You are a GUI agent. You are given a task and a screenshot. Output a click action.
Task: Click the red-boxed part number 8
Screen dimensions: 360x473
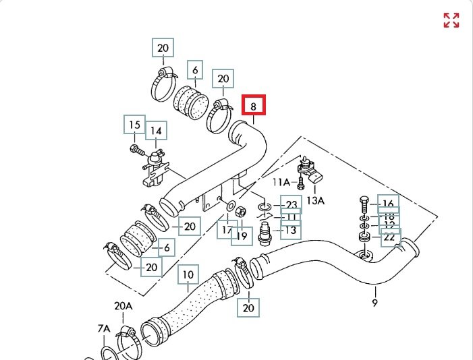[x=254, y=106]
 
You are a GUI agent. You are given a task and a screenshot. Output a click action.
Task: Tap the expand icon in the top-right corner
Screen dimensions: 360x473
[x=451, y=20]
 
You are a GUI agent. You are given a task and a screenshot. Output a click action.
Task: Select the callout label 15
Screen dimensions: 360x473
[x=134, y=125]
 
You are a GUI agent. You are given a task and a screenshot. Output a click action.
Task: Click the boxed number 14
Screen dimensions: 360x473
[x=156, y=131]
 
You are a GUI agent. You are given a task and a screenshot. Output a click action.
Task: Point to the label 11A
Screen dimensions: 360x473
[x=281, y=182]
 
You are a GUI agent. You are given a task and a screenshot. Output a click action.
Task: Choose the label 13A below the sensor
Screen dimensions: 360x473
[x=316, y=200]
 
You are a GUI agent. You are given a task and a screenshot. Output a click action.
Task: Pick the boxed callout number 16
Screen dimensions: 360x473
[x=388, y=204]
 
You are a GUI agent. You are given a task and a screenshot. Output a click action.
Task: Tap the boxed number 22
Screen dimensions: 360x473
[x=389, y=237]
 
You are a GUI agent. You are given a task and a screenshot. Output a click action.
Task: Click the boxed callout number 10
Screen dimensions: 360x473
[x=188, y=274]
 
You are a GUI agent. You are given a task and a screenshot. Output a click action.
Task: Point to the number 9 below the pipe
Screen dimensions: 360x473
[x=375, y=303]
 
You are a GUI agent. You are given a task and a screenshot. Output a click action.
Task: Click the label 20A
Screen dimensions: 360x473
[x=123, y=306]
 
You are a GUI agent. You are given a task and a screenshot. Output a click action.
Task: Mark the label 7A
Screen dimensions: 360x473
[x=103, y=328]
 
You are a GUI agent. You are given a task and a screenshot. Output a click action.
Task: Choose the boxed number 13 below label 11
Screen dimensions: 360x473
[x=291, y=231]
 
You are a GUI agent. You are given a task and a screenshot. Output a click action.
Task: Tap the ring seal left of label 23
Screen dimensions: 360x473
[x=264, y=205]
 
